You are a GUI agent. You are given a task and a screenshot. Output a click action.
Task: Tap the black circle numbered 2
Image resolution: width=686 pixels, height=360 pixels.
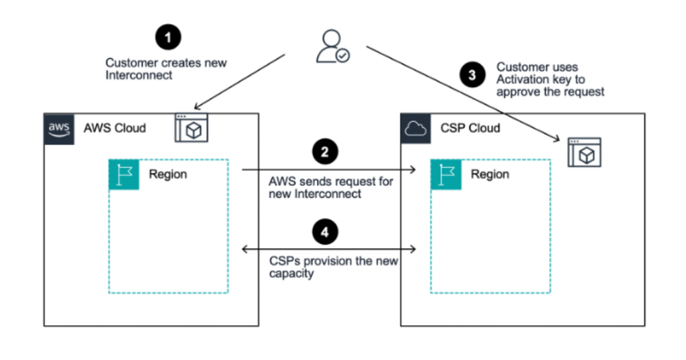pyautogui.click(x=325, y=152)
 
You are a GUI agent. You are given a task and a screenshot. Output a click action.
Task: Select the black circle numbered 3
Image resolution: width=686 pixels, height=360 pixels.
pyautogui.click(x=472, y=75)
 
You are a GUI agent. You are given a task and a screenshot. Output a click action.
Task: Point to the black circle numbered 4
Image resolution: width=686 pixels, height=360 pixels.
pyautogui.click(x=325, y=231)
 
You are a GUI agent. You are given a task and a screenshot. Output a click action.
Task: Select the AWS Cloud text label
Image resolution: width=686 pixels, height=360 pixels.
pyautogui.click(x=115, y=128)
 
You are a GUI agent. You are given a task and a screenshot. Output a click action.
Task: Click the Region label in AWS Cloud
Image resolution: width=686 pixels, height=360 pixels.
pyautogui.click(x=169, y=174)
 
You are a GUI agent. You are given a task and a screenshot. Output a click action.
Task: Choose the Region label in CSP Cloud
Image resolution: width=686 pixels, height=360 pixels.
pyautogui.click(x=490, y=174)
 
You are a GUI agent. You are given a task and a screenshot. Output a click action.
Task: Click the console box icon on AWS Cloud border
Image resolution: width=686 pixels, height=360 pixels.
pyautogui.click(x=192, y=127)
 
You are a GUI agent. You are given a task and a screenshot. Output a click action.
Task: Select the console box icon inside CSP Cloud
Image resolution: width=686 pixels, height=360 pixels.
pyautogui.click(x=585, y=153)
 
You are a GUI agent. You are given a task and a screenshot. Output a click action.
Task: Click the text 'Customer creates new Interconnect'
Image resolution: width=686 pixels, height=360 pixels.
pyautogui.click(x=165, y=69)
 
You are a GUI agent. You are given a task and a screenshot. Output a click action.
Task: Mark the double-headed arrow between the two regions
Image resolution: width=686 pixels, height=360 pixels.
pyautogui.click(x=329, y=249)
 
